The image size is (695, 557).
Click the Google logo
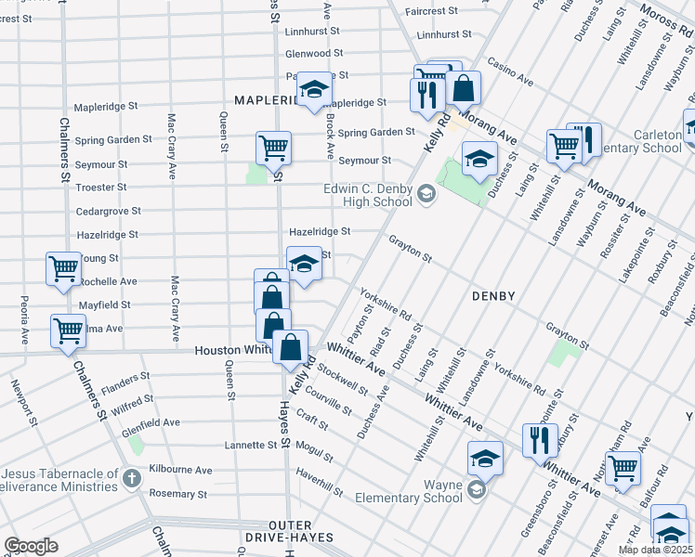tap(30, 546)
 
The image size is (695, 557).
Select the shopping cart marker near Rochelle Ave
tap(63, 268)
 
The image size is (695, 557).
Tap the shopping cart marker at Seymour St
tap(273, 147)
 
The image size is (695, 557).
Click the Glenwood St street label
tap(314, 54)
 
